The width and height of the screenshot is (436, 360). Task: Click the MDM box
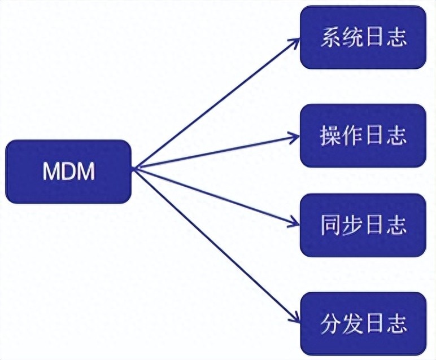click(x=68, y=172)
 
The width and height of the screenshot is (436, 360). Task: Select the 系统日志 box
click(x=363, y=37)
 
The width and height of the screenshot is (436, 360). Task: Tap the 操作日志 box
click(x=363, y=135)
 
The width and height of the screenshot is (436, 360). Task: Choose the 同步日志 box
click(x=363, y=225)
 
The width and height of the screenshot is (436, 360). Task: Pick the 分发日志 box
click(x=363, y=324)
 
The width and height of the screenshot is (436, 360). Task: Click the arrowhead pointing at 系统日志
click(x=295, y=42)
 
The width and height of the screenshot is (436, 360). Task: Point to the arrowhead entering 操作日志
click(x=294, y=137)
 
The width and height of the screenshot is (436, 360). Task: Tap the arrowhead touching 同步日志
click(x=294, y=222)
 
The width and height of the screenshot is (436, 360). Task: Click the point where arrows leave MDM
click(x=134, y=168)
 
